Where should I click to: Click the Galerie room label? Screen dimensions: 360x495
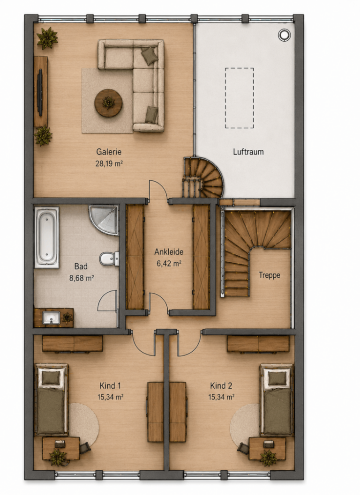click(x=109, y=152)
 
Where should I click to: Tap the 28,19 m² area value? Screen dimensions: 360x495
click(x=109, y=163)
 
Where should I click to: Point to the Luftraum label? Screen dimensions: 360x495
click(x=248, y=152)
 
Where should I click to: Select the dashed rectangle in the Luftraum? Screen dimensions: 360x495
click(x=239, y=98)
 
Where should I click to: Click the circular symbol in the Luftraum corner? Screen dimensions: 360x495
click(x=284, y=35)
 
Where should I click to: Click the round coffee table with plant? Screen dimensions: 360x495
click(x=108, y=103)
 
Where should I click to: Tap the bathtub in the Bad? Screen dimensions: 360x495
click(x=46, y=237)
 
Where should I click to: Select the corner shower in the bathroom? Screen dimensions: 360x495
click(x=104, y=220)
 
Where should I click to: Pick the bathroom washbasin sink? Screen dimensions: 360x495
click(x=51, y=318)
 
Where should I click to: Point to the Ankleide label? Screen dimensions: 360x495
click(x=169, y=252)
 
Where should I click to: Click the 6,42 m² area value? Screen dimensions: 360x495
click(x=169, y=263)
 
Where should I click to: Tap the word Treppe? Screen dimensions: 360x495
click(x=269, y=275)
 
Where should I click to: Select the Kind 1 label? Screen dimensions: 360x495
click(x=110, y=385)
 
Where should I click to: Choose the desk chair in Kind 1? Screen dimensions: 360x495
click(x=85, y=448)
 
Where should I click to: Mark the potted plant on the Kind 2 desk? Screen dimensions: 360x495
click(x=268, y=458)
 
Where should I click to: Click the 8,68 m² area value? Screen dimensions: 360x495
click(x=82, y=278)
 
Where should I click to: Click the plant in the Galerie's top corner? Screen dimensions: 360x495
click(x=47, y=38)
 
